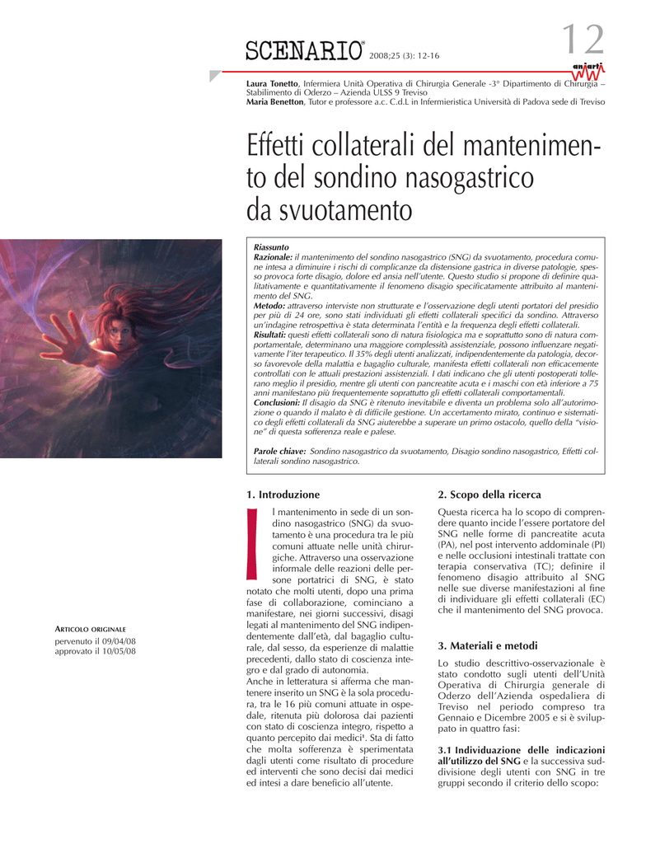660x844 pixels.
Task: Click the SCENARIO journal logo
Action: pos(304,51)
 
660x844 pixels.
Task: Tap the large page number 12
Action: pos(583,41)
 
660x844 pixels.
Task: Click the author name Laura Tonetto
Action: pos(273,84)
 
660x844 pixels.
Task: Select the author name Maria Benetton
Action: pos(276,101)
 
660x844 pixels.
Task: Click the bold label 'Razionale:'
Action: pos(273,258)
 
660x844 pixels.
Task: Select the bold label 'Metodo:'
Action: pos(269,306)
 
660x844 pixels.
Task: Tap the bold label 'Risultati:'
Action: pos(271,335)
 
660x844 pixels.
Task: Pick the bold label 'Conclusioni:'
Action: pos(276,402)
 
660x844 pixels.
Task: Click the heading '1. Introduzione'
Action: pos(283,495)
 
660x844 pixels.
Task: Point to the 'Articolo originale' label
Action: pos(91,629)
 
